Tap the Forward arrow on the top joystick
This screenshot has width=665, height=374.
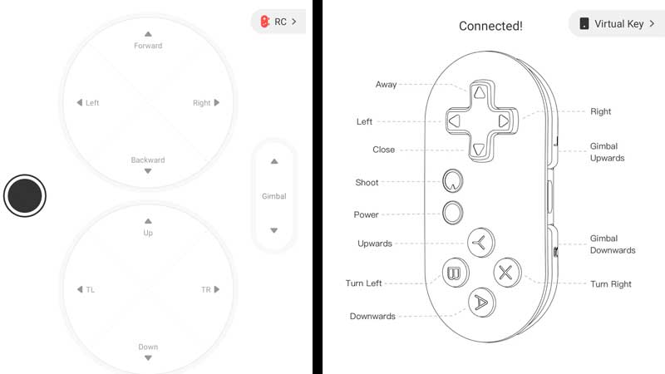point(148,34)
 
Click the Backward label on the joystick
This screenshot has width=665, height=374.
point(148,160)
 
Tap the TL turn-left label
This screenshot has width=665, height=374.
point(91,289)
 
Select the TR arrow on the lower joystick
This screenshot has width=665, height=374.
point(217,289)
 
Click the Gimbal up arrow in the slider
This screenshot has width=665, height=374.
point(274,161)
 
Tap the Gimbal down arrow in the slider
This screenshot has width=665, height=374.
point(274,230)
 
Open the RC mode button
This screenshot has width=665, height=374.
point(278,22)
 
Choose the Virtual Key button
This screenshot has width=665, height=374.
point(617,24)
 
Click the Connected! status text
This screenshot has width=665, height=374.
point(490,26)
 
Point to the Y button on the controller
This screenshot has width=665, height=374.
point(480,243)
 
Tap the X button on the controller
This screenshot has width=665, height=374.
point(506,273)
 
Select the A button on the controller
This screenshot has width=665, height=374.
point(481,303)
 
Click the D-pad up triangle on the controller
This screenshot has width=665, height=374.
point(480,92)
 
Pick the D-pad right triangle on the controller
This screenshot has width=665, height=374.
point(504,121)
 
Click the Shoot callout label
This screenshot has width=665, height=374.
point(367,182)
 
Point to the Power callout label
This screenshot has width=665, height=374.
point(366,214)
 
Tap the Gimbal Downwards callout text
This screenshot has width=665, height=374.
point(613,244)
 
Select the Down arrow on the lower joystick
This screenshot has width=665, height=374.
point(148,358)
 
